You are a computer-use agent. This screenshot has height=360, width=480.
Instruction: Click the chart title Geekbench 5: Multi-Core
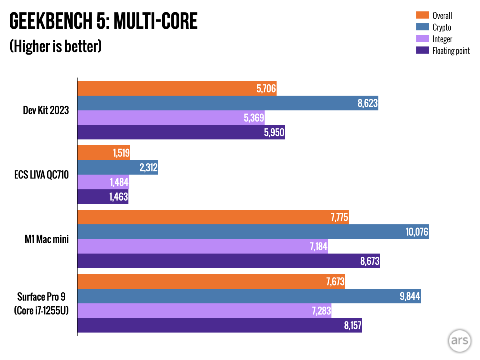point(103,21)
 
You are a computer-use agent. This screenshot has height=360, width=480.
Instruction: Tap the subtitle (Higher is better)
point(56,46)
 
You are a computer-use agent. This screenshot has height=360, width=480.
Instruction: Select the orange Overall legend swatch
point(422,15)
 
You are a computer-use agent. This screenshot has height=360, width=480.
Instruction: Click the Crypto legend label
point(442,27)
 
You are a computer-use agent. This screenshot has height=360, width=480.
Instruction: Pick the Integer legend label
point(442,39)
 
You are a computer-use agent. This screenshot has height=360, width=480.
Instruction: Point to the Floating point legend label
point(451,51)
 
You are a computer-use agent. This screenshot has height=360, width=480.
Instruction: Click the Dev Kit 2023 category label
point(46,110)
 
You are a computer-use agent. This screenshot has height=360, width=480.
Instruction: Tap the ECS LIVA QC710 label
point(42,175)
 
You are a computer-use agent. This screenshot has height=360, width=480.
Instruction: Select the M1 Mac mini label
point(47,239)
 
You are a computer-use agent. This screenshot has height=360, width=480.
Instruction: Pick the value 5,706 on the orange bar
point(266,89)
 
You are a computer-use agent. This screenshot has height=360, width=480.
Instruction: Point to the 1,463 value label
point(118,197)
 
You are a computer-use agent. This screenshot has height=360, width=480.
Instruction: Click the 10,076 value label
point(417,232)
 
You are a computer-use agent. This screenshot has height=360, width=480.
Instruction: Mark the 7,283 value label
point(321,311)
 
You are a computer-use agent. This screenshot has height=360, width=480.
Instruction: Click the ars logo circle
point(459,341)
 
